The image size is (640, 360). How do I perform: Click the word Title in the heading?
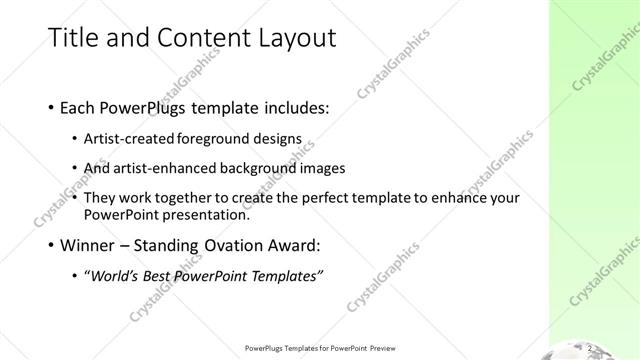point(76,38)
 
